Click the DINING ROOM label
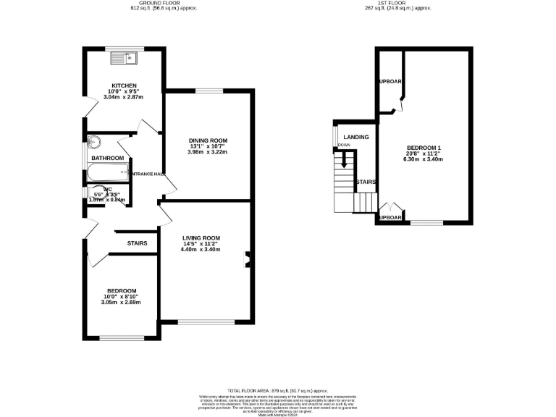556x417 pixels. click(208, 140)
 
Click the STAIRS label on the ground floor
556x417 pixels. click(137, 243)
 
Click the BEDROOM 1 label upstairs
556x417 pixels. click(424, 148)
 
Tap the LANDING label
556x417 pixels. click(356, 137)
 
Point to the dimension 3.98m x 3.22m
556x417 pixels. click(208, 153)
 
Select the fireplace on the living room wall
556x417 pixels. click(248, 260)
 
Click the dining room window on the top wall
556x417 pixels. click(208, 90)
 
